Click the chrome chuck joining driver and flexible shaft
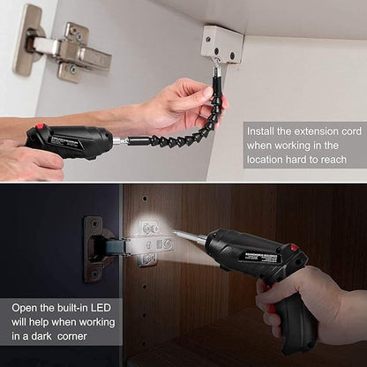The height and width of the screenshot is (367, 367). tap(117, 139)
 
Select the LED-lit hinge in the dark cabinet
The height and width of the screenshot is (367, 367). tap(141, 239)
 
